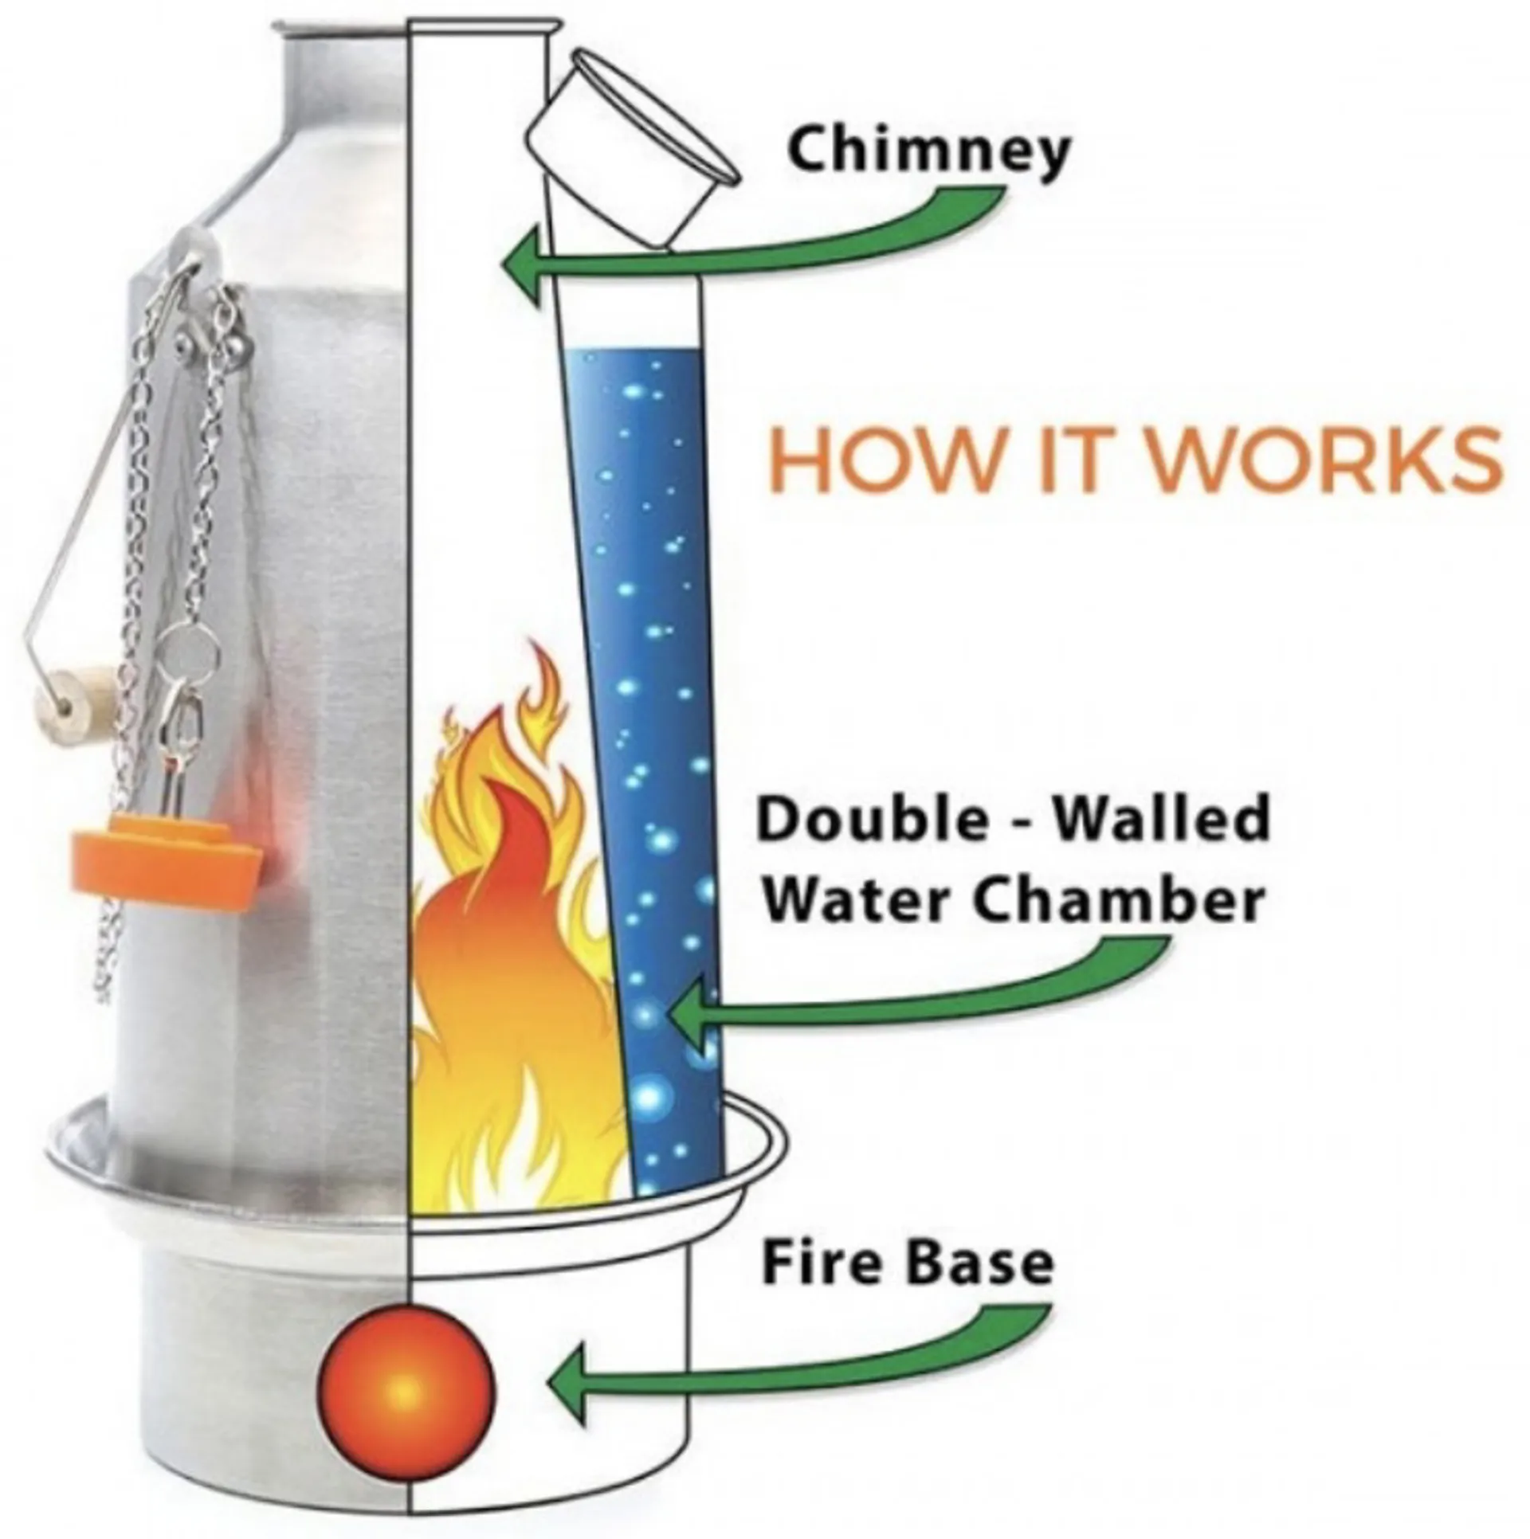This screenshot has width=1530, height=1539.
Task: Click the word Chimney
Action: coord(926,153)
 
